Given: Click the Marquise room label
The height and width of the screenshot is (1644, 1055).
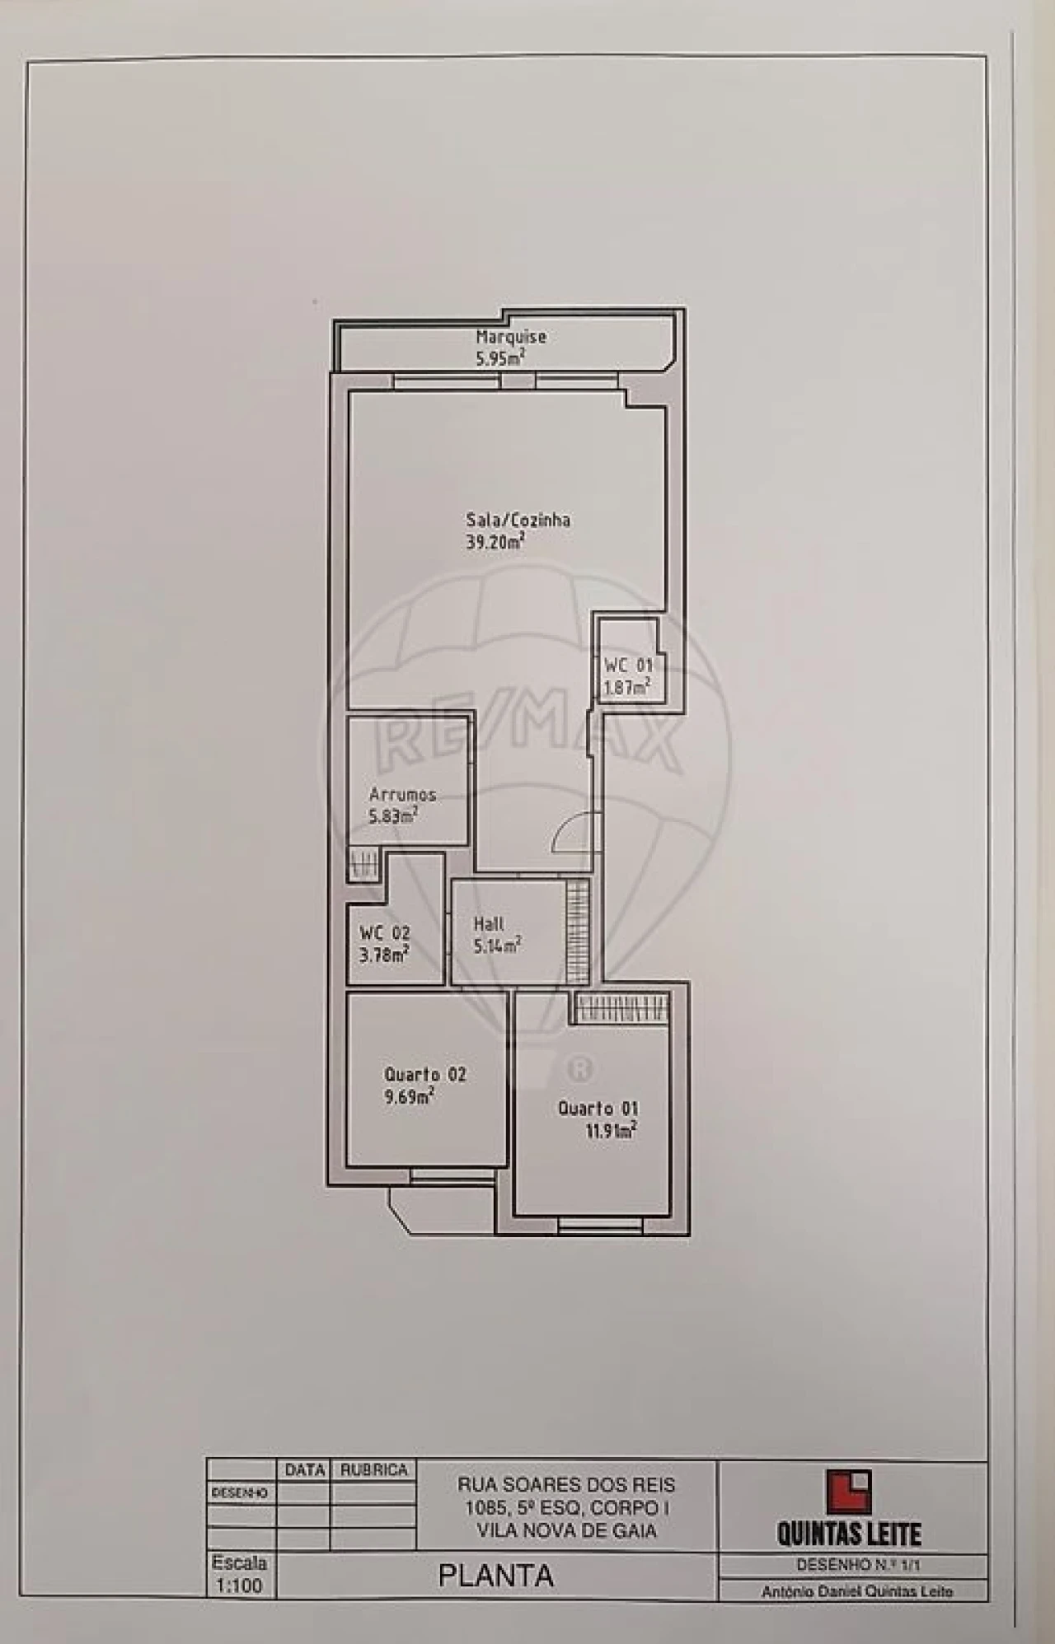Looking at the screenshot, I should (x=510, y=337).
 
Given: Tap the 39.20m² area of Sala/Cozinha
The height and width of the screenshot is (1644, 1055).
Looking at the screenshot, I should (x=495, y=542).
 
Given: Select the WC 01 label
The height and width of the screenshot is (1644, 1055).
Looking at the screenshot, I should (x=628, y=665).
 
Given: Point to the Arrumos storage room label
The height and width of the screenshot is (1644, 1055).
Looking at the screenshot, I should (x=402, y=795).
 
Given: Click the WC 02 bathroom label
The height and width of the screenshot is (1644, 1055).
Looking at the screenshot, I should (x=384, y=933).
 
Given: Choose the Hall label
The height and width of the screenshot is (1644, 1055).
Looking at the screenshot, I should (x=489, y=924).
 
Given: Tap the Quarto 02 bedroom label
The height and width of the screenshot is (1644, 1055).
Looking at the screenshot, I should (x=424, y=1074).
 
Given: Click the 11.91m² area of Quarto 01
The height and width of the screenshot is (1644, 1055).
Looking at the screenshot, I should (x=611, y=1131).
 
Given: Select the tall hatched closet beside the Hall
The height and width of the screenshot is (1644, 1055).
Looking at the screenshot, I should (x=578, y=932).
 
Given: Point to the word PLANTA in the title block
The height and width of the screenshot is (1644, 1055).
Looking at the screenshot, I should (x=495, y=1576).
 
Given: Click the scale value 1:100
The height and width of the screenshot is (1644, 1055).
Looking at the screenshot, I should (x=238, y=1586).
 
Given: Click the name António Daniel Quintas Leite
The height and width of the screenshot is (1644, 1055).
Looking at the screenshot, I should (x=856, y=1592).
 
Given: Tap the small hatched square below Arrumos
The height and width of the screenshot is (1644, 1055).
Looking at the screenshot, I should (x=362, y=866).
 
